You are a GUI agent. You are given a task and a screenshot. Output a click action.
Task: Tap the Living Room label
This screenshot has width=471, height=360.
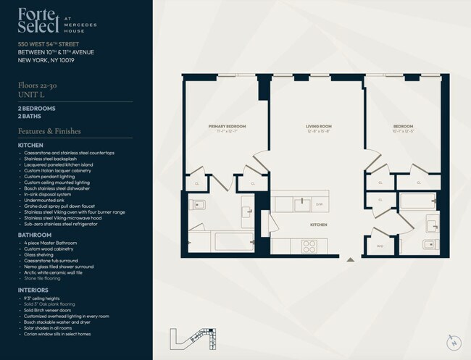point(317,126)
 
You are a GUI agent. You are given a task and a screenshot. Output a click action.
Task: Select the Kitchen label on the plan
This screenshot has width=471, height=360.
point(318,225)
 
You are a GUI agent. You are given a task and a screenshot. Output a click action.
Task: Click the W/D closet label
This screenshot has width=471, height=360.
point(380,246)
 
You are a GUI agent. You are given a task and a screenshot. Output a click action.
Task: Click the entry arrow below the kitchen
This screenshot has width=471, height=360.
point(351,259)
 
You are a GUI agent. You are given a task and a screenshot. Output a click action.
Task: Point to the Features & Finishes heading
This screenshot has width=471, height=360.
point(49,131)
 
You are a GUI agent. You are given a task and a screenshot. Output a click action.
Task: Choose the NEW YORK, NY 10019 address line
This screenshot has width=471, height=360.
point(46,60)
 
